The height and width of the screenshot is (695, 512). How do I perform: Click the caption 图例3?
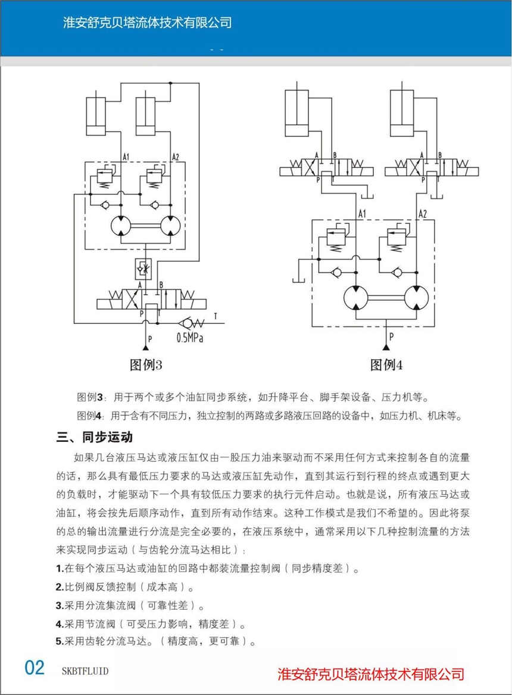click(146, 364)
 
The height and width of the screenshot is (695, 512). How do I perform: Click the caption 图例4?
click(386, 364)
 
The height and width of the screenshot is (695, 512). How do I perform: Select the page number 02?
click(35, 668)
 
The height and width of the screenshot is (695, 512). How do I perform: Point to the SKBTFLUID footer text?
click(85, 671)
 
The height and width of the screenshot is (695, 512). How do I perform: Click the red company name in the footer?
click(371, 674)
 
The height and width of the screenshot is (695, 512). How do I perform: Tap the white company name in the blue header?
click(147, 23)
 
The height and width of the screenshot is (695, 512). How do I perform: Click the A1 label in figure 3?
click(126, 157)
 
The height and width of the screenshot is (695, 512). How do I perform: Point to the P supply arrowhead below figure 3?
click(145, 347)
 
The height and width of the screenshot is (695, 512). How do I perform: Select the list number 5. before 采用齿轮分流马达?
click(60, 641)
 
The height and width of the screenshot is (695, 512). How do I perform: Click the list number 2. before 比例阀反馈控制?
click(60, 587)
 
